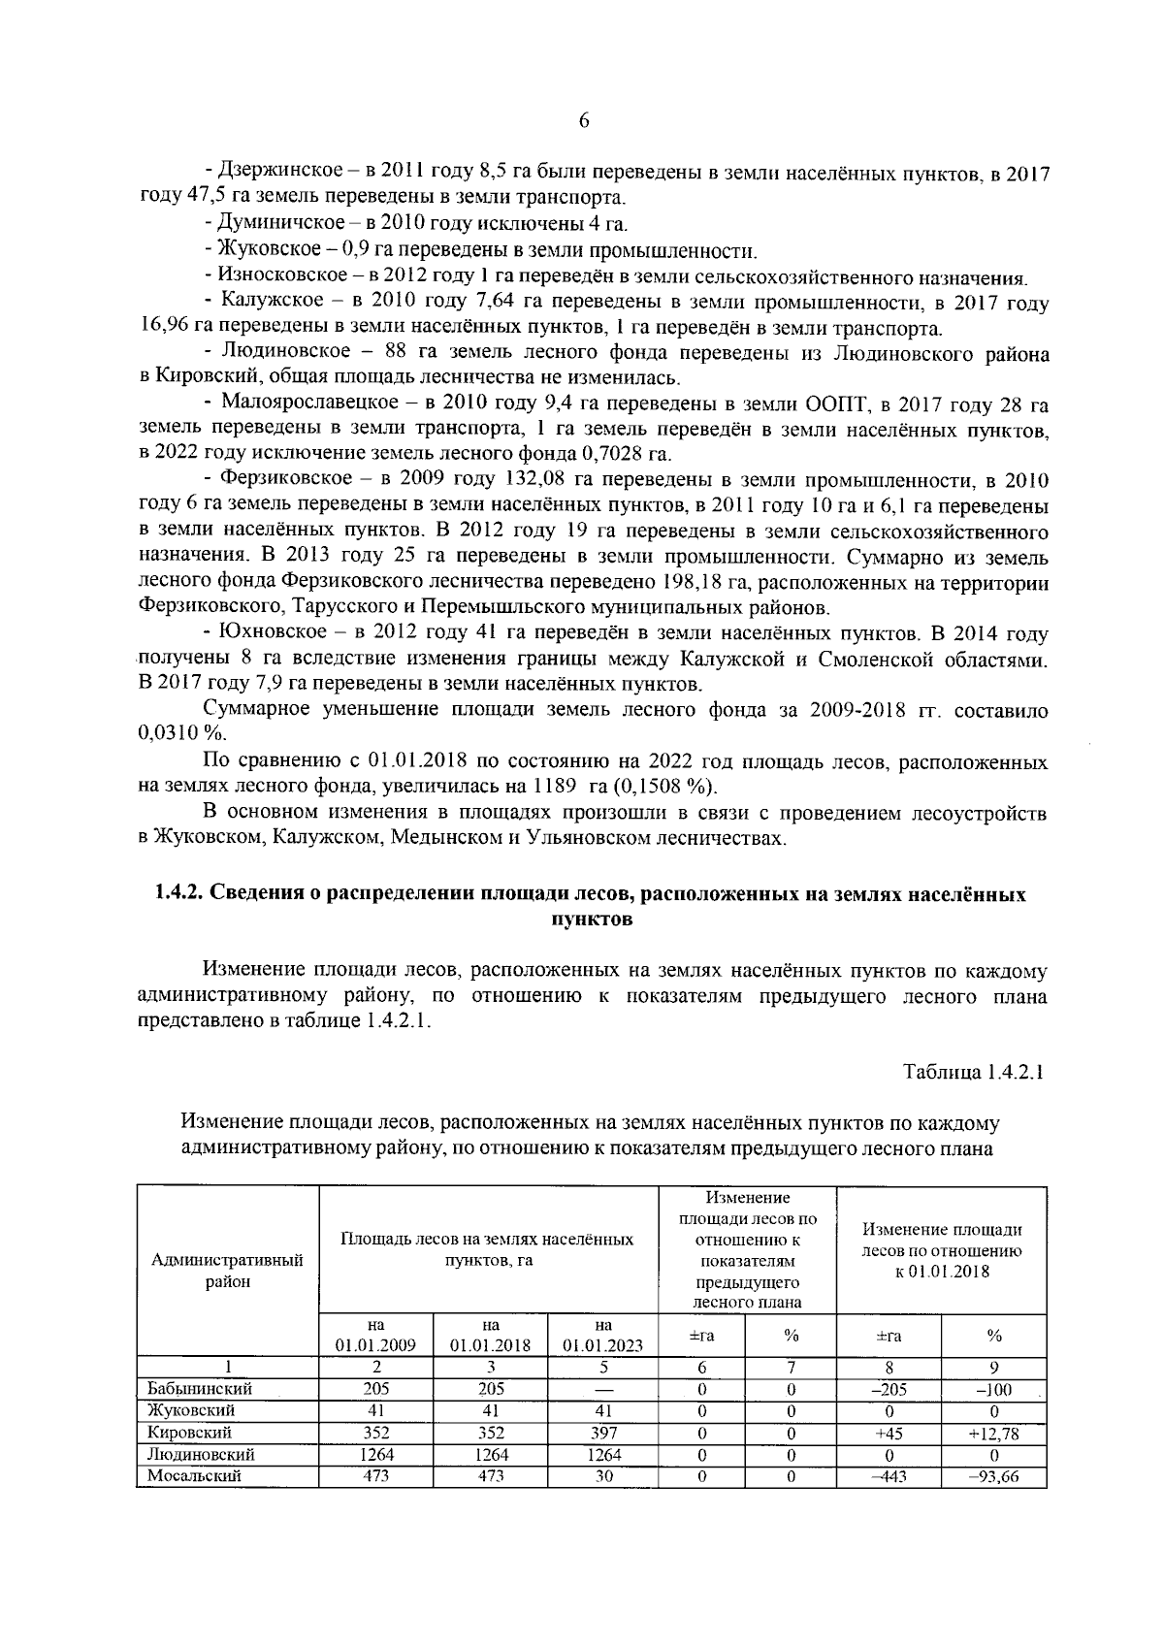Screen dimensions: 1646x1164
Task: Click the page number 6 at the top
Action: point(583,121)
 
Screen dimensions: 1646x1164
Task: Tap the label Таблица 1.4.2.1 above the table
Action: point(973,1073)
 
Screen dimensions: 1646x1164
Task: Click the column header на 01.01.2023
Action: point(603,1336)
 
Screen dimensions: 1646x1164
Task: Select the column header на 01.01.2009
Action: point(376,1336)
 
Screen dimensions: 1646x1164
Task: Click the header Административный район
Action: point(227,1271)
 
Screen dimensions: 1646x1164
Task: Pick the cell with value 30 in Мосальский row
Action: point(603,1477)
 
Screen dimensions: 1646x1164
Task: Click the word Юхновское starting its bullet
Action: point(268,635)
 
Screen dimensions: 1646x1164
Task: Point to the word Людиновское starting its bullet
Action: point(276,354)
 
